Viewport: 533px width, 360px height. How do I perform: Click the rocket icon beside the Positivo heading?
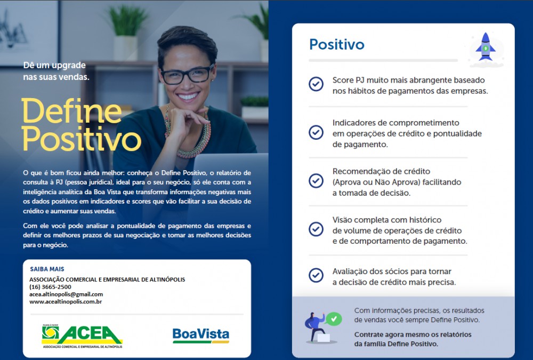486,47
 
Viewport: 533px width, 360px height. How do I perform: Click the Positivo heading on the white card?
336,45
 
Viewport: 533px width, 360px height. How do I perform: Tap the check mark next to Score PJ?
316,84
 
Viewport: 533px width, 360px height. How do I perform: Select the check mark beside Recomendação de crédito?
316,181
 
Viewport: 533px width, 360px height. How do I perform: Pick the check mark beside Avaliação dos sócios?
316,275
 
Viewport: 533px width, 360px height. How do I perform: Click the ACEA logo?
82,336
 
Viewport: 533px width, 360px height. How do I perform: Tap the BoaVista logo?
201,335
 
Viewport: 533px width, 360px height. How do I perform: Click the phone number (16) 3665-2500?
50,287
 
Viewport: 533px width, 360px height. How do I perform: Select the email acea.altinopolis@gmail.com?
66,294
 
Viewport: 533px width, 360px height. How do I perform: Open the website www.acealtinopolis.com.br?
66,301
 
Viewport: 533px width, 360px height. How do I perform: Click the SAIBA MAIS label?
47,269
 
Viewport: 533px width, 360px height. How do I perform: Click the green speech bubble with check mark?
333,319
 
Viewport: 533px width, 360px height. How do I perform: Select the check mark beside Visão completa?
316,229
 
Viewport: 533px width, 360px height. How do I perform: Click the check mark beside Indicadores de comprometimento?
316,132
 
